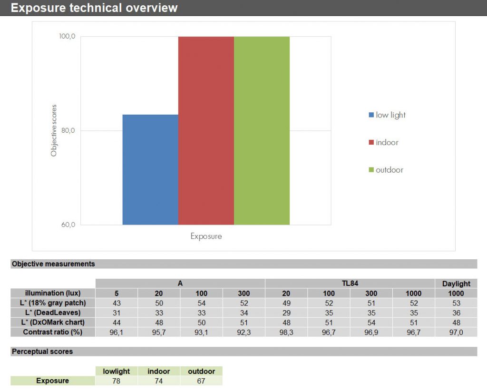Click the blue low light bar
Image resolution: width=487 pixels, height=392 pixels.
pyautogui.click(x=150, y=169)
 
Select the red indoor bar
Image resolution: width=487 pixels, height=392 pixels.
pyautogui.click(x=206, y=130)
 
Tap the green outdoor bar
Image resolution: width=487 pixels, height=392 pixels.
pyautogui.click(x=262, y=130)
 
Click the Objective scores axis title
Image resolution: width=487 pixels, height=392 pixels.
pyautogui.click(x=54, y=130)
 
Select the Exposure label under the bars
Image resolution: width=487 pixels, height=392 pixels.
pyautogui.click(x=206, y=236)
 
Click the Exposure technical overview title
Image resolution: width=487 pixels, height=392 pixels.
pyautogui.click(x=94, y=8)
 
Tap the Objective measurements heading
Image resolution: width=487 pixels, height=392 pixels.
pyautogui.click(x=53, y=264)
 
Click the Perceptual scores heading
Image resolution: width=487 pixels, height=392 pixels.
pyautogui.click(x=42, y=352)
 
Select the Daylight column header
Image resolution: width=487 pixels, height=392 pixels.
pyautogui.click(x=456, y=284)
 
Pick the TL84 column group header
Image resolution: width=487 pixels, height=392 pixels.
pyautogui.click(x=350, y=284)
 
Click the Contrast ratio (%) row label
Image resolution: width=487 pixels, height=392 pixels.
pyautogui.click(x=53, y=332)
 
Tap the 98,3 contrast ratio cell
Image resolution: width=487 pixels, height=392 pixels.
pyautogui.click(x=286, y=332)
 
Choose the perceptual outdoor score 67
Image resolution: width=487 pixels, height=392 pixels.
pyautogui.click(x=201, y=381)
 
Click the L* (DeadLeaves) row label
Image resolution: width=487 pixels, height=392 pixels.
pyautogui.click(x=53, y=313)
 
